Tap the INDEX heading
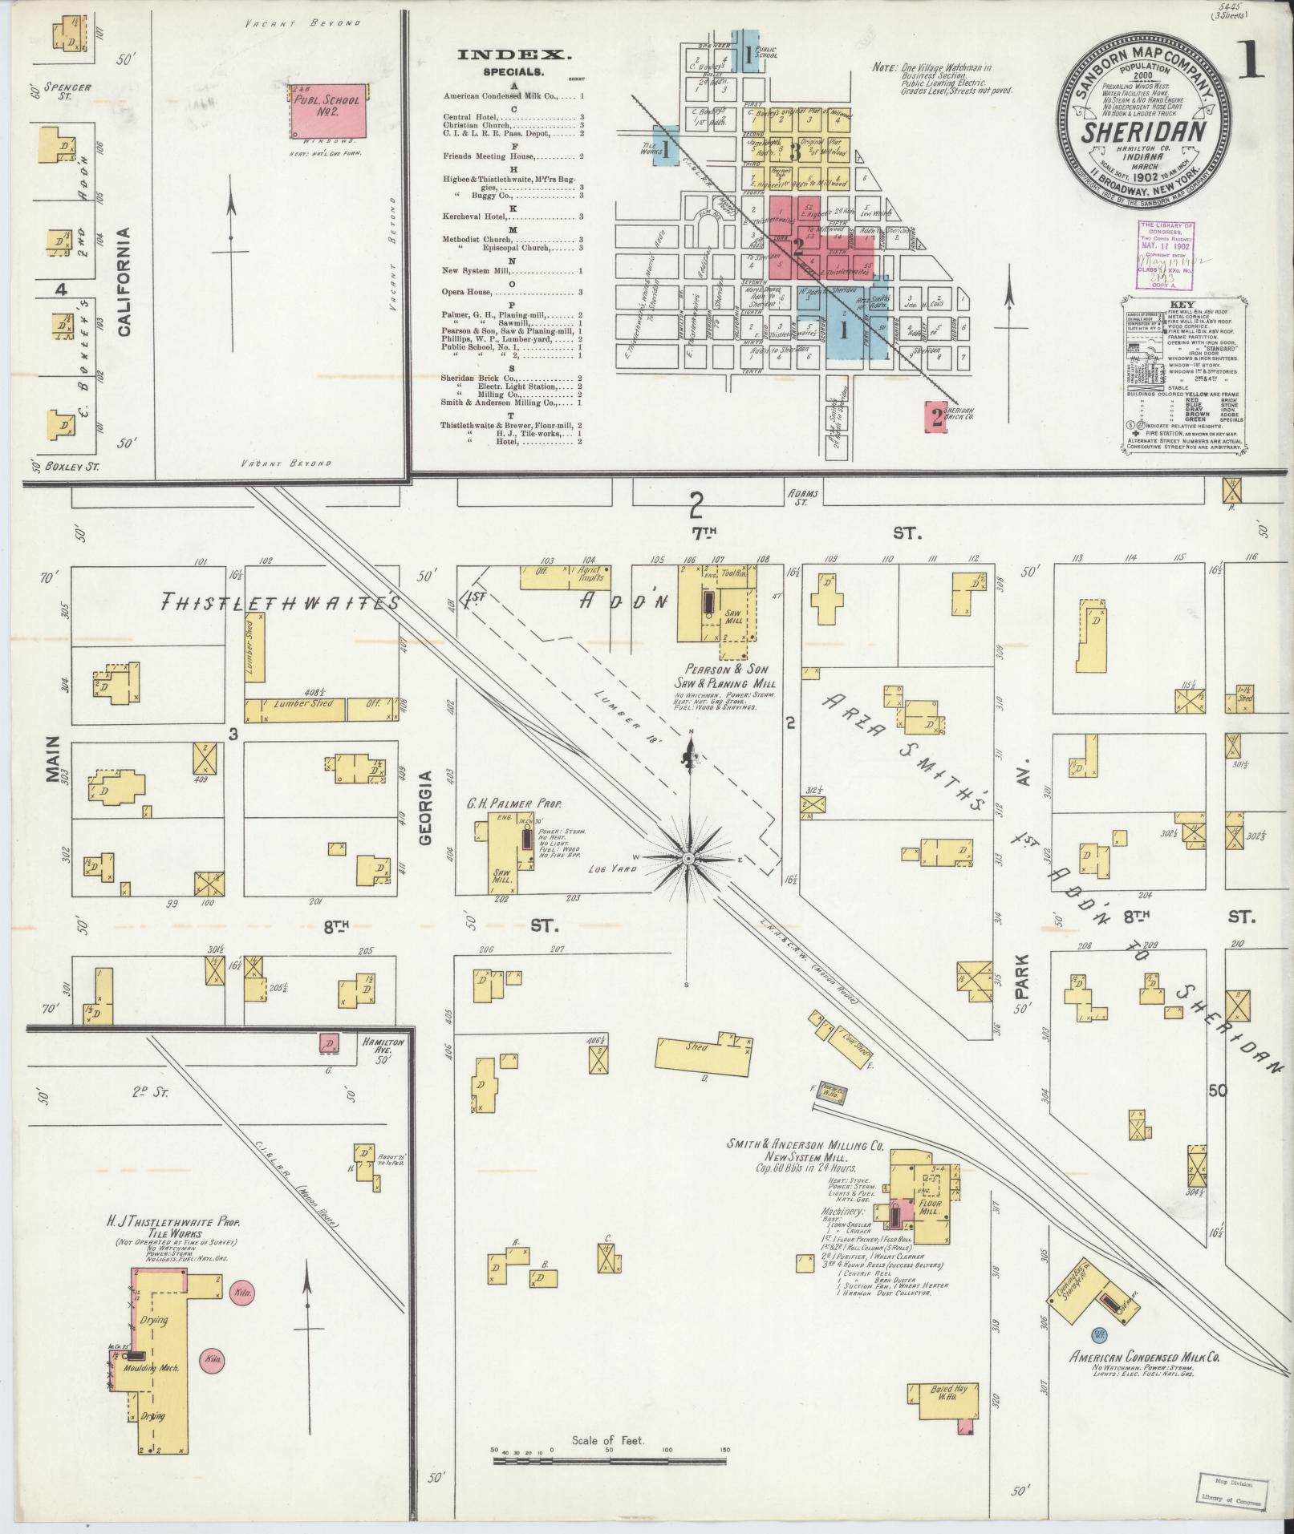pos(514,55)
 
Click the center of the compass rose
pos(688,857)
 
